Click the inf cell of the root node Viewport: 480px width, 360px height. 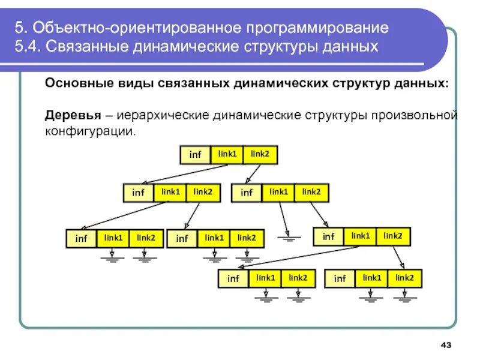[x=196, y=155]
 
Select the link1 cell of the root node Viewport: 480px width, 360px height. [x=227, y=154]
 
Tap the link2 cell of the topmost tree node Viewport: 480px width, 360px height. [x=260, y=154]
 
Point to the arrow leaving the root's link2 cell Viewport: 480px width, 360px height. [x=253, y=174]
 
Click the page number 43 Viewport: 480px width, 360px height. [x=445, y=344]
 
